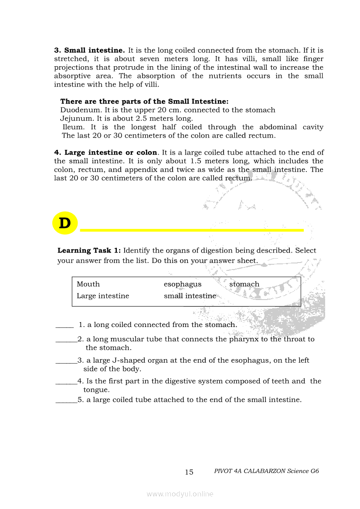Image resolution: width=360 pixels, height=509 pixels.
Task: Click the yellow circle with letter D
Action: (65, 223)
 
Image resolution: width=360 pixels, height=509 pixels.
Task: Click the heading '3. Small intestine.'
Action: (89, 51)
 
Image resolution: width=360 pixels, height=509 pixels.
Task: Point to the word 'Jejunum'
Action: (74, 118)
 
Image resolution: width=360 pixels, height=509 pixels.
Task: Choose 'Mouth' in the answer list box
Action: (88, 284)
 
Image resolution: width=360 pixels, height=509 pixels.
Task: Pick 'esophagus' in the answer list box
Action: (183, 284)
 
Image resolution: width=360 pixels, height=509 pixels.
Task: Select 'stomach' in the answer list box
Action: (244, 284)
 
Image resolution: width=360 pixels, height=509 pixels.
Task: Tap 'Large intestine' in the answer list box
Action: (103, 296)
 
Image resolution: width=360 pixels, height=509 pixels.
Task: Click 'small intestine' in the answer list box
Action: (190, 296)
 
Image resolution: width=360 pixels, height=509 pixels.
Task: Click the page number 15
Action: (189, 472)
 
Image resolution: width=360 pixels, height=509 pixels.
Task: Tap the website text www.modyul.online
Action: (180, 494)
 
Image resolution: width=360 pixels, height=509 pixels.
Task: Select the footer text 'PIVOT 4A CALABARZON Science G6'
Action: (267, 471)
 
